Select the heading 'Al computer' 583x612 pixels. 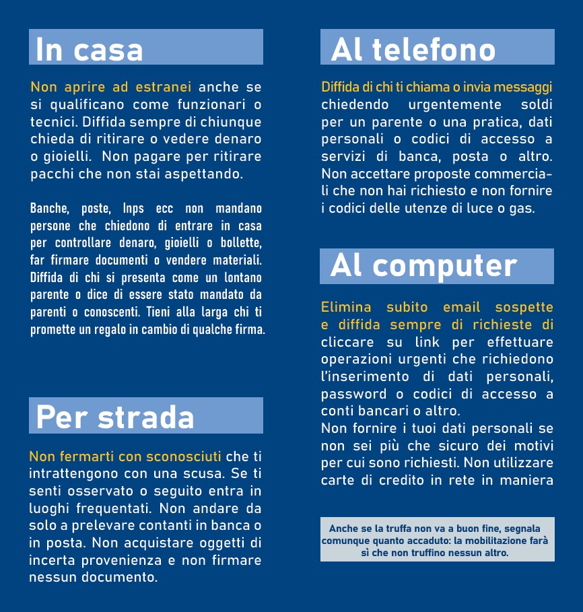pyautogui.click(x=424, y=266)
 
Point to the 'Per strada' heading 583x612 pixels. pyautogui.click(x=115, y=416)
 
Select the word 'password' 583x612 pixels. pyautogui.click(x=354, y=394)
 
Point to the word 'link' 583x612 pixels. pyautogui.click(x=426, y=342)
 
